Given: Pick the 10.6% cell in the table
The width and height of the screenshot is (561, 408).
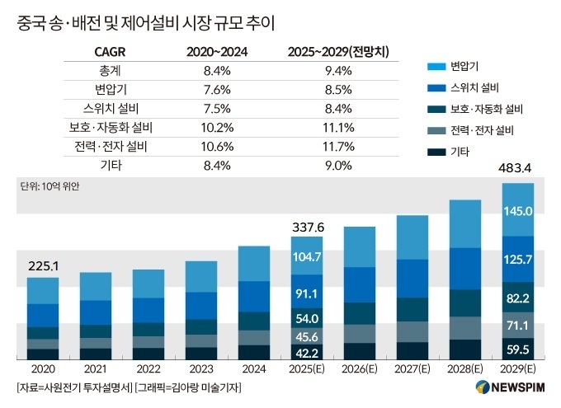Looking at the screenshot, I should pyautogui.click(x=219, y=147).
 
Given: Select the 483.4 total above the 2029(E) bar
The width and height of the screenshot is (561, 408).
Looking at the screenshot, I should pyautogui.click(x=518, y=169).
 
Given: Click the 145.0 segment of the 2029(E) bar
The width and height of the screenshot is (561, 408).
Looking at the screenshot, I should pyautogui.click(x=518, y=211).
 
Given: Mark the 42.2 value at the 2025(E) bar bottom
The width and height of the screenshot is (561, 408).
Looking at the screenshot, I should pyautogui.click(x=307, y=352).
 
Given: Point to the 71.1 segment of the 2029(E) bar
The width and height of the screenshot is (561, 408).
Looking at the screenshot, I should pyautogui.click(x=518, y=326).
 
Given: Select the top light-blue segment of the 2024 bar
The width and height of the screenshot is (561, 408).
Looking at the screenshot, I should pyautogui.click(x=254, y=264).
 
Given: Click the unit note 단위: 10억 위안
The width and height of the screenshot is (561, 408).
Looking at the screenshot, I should pyautogui.click(x=49, y=186).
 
